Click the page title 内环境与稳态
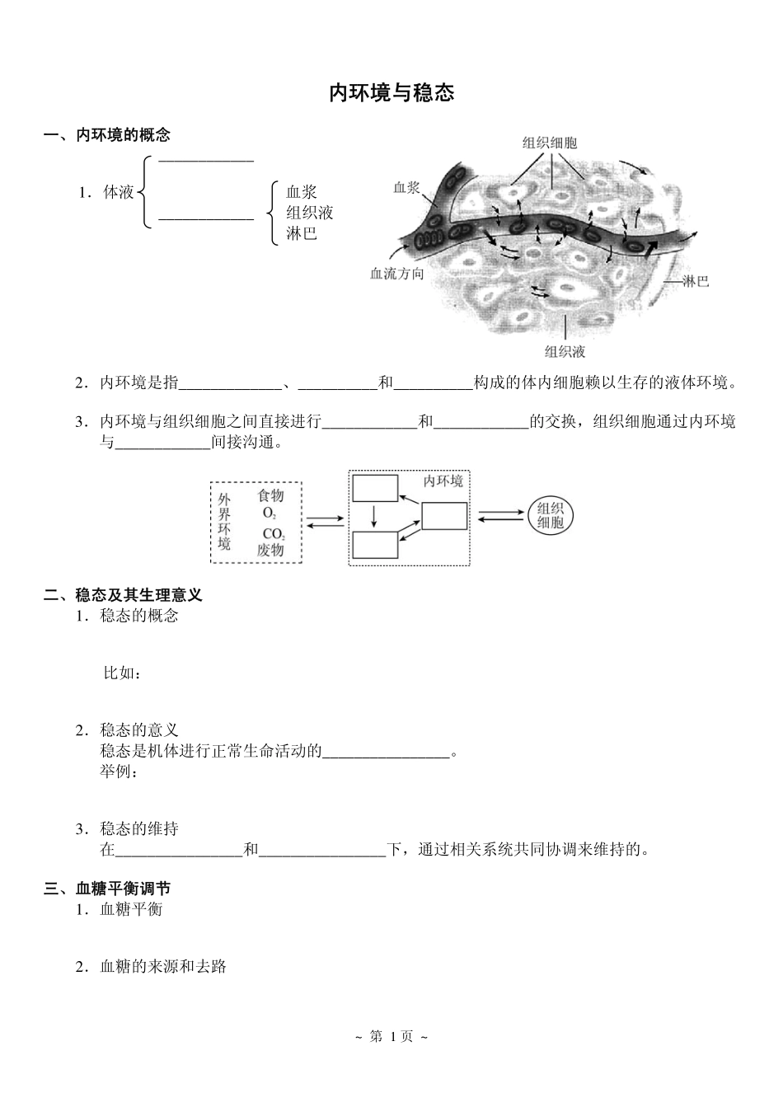391,92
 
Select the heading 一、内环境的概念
107,135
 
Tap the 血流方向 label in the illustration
396,274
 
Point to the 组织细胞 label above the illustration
550,143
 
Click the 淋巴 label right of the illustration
696,282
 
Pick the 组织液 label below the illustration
565,352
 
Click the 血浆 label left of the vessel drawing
406,188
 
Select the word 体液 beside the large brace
119,193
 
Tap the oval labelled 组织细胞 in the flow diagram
550,515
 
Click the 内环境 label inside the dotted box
443,481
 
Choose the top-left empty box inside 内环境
375,488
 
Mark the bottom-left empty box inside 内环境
375,546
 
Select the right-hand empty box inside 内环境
444,516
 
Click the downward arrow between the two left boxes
374,517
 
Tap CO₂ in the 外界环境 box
273,533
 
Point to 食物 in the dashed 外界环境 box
270,495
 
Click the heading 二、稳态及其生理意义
123,594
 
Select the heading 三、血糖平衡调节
107,889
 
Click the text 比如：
122,673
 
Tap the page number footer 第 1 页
391,1036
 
